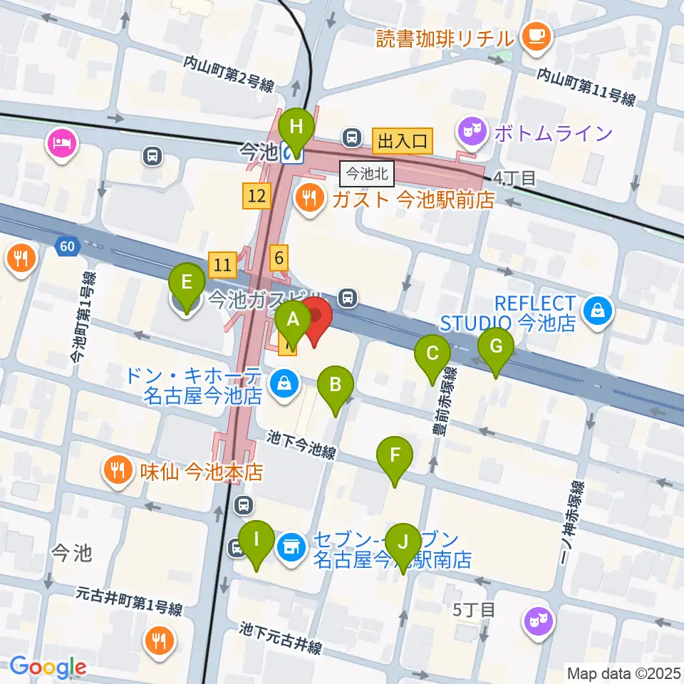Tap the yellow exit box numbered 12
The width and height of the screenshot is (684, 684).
point(257,195)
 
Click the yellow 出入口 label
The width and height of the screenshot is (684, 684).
point(403,140)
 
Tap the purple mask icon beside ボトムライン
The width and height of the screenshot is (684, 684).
point(473,133)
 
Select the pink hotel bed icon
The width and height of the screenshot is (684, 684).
point(62,142)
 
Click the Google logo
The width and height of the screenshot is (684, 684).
point(48,667)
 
